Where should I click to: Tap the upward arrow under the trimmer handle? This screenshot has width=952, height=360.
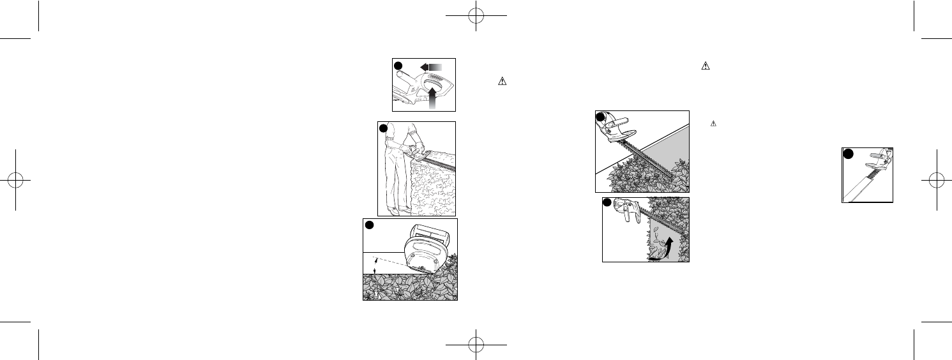coord(434,100)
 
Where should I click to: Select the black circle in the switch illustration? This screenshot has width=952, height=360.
coord(398,66)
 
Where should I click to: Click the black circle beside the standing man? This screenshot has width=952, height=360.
coord(383,128)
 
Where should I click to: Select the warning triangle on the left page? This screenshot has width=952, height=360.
coord(501,81)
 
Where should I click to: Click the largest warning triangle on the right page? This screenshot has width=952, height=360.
coord(706,65)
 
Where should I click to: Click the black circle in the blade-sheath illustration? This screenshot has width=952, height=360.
coord(848,154)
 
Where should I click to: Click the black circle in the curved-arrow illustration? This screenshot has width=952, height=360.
coord(608,203)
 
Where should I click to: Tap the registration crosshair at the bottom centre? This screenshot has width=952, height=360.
coord(476,344)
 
